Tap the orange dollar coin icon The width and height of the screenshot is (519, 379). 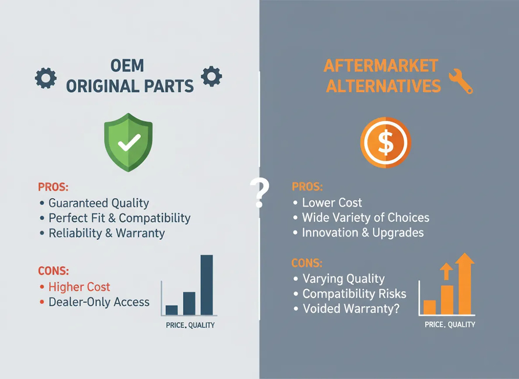(x=385, y=142)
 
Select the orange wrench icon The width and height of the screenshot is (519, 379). (x=460, y=81)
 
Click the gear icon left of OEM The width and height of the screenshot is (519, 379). (x=46, y=78)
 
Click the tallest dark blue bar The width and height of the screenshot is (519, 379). (x=206, y=284)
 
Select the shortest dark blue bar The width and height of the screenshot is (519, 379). (x=171, y=310)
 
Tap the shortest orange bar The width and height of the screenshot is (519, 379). (x=430, y=307)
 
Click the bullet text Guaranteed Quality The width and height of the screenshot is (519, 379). (x=98, y=203)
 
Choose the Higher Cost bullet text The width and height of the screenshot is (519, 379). (x=79, y=287)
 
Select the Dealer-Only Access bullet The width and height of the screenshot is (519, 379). (x=99, y=302)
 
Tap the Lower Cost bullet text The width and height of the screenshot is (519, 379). (x=332, y=202)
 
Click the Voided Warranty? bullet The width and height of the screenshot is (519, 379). (x=351, y=309)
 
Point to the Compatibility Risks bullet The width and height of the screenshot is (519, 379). (x=354, y=294)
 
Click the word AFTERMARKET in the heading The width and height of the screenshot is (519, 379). (x=380, y=66)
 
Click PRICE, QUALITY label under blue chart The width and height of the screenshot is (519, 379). (x=190, y=325)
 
